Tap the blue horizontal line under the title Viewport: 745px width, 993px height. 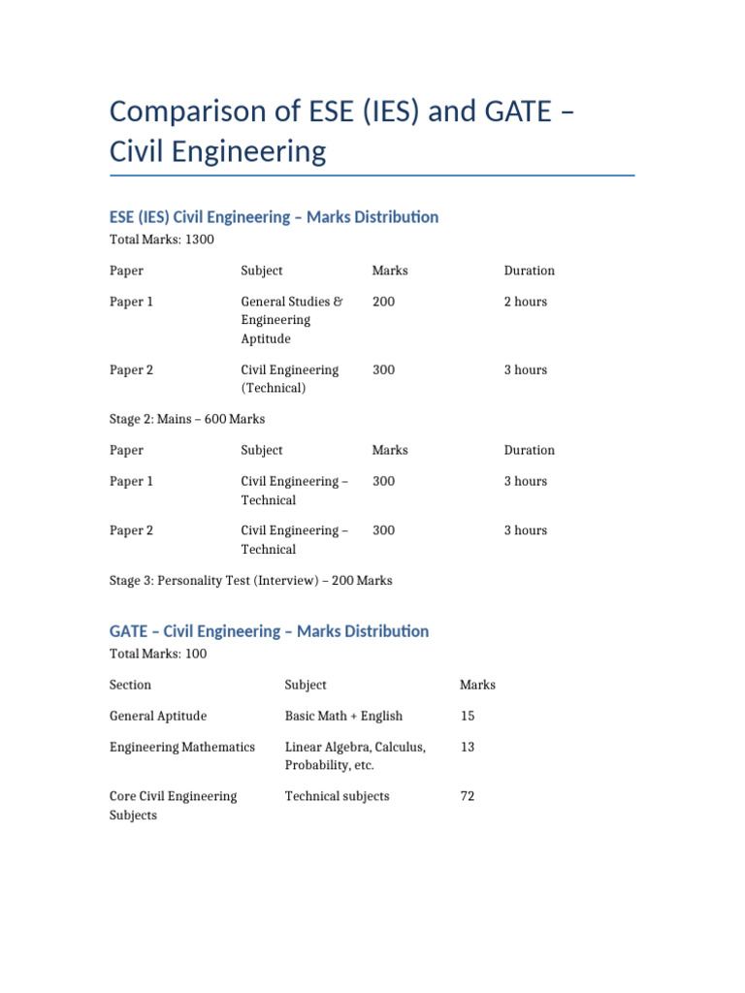pos(372,176)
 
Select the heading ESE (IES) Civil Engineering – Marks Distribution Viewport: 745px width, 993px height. pos(274,217)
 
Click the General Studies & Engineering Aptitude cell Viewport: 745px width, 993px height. pos(291,320)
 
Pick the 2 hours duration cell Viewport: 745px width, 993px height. pos(525,302)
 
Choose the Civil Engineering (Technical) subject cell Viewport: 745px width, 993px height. pos(289,378)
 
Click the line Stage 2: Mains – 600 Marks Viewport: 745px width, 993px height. pos(187,419)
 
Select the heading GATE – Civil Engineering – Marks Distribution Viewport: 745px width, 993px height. pos(269,631)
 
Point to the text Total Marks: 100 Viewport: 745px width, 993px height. pos(158,654)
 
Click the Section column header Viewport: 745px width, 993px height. pos(131,685)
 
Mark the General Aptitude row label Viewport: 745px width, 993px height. pos(158,716)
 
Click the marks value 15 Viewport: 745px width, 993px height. pos(468,716)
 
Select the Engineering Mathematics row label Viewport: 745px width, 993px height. pos(182,747)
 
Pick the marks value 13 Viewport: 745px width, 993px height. pos(468,747)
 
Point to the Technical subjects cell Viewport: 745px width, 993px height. pos(337,796)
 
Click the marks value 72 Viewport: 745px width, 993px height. pos(468,796)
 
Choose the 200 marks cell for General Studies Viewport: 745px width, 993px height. pos(383,302)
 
